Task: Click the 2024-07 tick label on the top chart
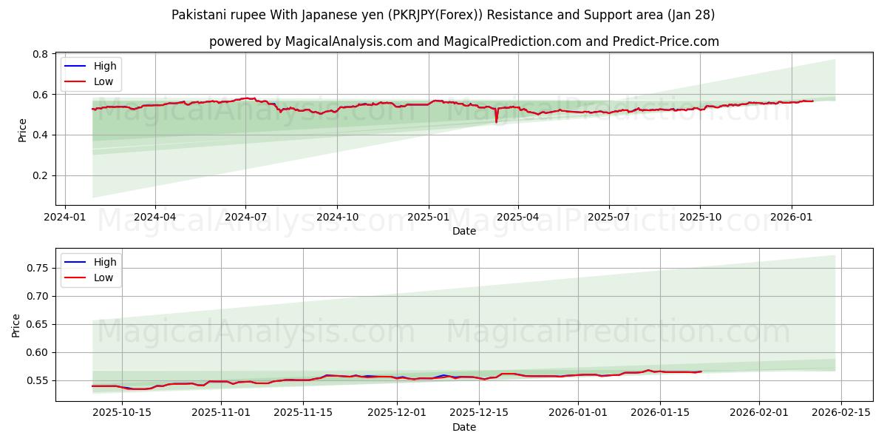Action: [x=245, y=216]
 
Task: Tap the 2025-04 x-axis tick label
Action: [x=517, y=216]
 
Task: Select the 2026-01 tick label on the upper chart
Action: [x=792, y=216]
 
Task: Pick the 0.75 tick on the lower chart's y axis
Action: [x=36, y=268]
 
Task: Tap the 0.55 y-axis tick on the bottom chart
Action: [x=36, y=380]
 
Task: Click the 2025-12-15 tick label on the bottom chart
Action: [x=480, y=412]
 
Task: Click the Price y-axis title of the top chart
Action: [x=22, y=129]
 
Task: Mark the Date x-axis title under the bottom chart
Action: [x=464, y=427]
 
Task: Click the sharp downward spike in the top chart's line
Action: [x=496, y=121]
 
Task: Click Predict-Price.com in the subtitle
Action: [x=667, y=41]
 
